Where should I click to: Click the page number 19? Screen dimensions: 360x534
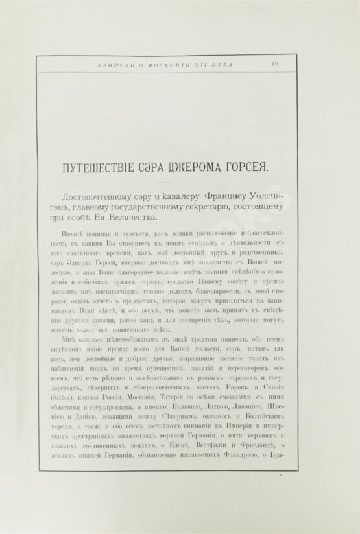[275, 63]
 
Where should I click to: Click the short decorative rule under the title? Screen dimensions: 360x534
[167, 181]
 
